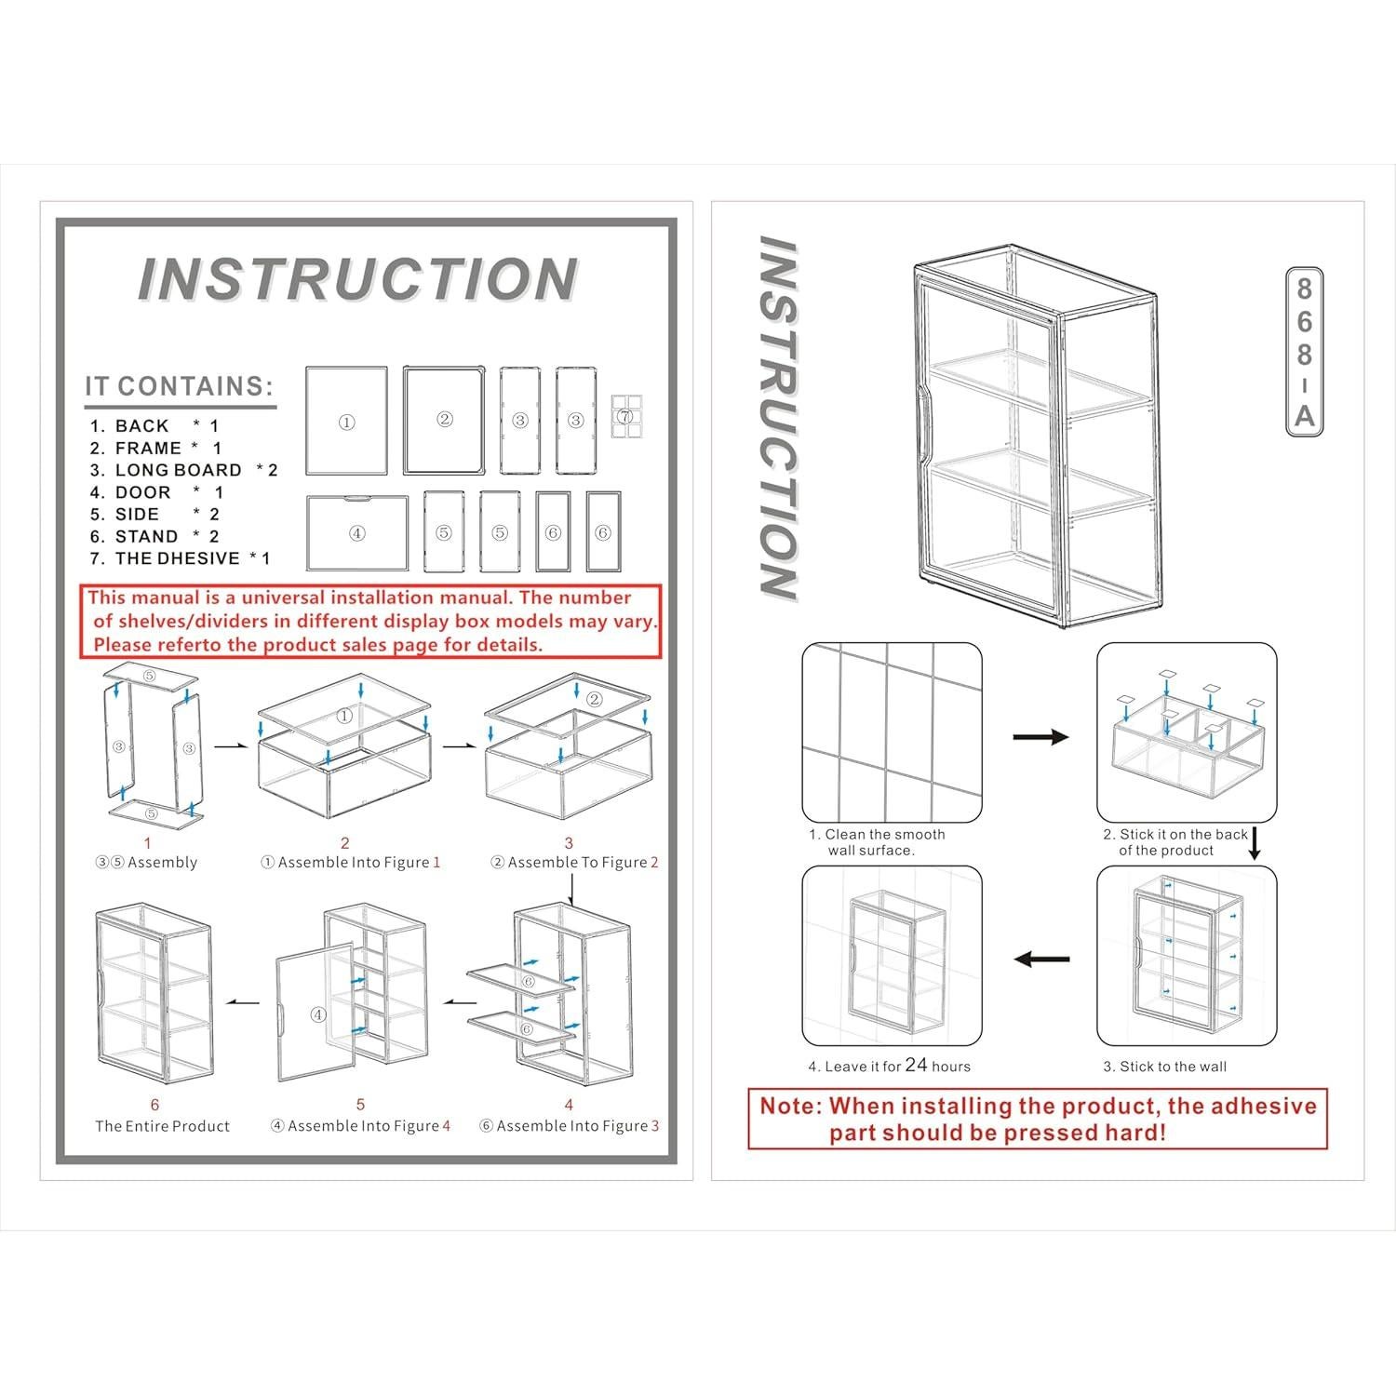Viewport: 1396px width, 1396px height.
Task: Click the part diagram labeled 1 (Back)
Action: coord(346,421)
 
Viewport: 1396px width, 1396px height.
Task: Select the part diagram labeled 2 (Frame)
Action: coord(444,420)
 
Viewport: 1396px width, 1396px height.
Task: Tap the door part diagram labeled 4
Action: coord(357,532)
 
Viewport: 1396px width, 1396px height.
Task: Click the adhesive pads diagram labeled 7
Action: coord(626,416)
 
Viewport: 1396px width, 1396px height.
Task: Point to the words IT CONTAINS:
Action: coord(180,386)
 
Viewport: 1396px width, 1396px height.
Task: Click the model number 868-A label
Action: coord(1304,352)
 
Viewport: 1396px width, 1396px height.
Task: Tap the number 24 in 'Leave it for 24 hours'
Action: coord(916,1065)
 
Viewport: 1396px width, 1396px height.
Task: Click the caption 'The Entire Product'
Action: coord(162,1126)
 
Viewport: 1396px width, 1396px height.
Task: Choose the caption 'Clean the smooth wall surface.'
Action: coord(877,842)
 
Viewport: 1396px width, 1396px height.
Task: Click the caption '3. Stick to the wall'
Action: coord(1165,1067)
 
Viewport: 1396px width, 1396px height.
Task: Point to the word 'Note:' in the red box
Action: coord(791,1107)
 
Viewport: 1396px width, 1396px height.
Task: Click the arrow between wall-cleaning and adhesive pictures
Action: coord(1040,737)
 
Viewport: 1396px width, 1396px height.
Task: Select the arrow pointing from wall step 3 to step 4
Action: coord(1040,960)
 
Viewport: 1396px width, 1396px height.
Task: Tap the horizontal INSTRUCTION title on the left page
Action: coord(357,279)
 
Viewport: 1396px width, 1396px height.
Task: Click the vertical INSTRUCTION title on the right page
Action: coord(777,419)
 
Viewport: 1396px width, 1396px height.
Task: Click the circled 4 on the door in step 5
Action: coord(318,1014)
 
